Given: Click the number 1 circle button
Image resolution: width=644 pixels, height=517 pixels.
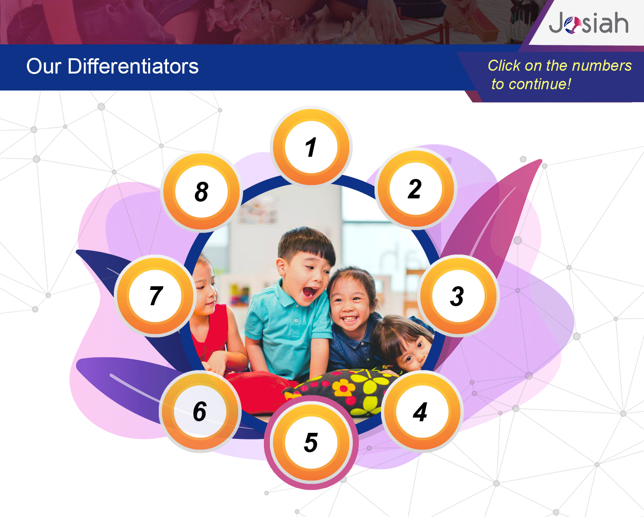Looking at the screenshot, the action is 311,147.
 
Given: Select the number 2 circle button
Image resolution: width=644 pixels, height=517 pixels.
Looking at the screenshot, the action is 416,189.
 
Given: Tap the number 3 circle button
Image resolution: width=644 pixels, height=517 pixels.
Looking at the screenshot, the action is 458,296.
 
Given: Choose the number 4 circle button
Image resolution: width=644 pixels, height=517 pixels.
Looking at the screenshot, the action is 422,411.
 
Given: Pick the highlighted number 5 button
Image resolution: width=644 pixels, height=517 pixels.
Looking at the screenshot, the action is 311,443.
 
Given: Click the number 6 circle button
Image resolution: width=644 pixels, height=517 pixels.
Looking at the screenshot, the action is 200,411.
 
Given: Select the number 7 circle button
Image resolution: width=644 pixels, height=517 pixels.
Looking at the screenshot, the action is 155,296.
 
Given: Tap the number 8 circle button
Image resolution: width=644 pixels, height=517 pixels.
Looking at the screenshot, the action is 201,191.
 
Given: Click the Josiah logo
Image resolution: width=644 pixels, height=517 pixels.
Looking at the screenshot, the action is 588,23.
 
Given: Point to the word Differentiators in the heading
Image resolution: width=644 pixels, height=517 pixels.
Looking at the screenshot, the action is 133,66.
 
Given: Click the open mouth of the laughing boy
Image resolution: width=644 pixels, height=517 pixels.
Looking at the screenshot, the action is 310,292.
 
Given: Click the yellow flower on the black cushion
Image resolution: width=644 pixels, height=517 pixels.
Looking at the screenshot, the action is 344,388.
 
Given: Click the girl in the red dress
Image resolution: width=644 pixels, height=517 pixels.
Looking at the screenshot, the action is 209,317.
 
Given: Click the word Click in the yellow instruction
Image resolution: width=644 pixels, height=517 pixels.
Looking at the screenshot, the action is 504,66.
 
